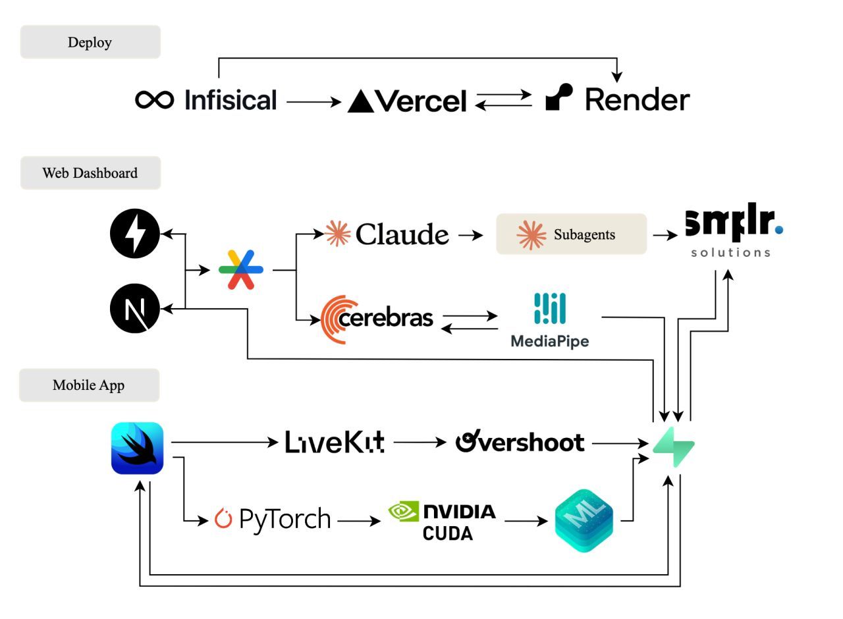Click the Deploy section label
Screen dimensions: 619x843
click(x=90, y=42)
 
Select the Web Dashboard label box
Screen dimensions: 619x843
click(x=90, y=173)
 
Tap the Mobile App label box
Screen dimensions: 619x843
click(x=89, y=385)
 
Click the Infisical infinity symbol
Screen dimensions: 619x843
click(x=155, y=100)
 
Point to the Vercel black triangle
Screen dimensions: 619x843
click(x=361, y=101)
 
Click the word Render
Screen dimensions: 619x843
click(x=637, y=100)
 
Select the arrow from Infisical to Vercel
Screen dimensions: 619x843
click(x=313, y=102)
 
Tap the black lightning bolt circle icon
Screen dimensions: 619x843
click(x=135, y=234)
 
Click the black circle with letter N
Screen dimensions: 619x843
click(x=135, y=308)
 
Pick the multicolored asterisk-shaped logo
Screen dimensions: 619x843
click(x=241, y=269)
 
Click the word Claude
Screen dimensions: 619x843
click(x=402, y=234)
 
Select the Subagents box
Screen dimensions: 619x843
click(x=571, y=234)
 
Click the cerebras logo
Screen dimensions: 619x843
click(x=377, y=319)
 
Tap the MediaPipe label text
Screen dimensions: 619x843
click(x=550, y=341)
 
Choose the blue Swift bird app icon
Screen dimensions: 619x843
click(x=137, y=448)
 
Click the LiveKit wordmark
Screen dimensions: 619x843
click(x=335, y=443)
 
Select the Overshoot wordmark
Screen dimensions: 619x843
click(x=520, y=442)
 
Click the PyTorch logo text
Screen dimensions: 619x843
click(x=273, y=520)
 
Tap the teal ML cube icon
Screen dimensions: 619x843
click(x=584, y=520)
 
